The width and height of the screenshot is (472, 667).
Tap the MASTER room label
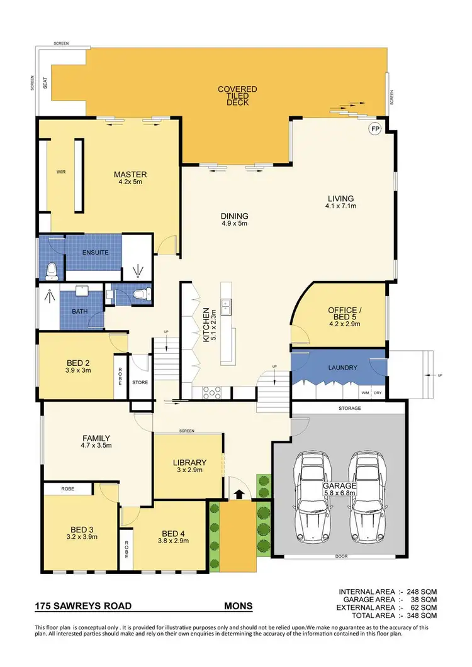pos(130,174)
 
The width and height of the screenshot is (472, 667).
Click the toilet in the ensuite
pos(52,270)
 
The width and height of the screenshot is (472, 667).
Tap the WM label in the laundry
pos(365,393)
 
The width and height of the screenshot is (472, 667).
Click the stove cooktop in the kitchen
pos(211,393)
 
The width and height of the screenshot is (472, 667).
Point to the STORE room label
pos(140,382)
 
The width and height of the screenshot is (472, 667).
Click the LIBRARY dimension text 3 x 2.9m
pos(189,472)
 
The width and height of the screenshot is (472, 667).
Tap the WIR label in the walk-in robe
pos(62,170)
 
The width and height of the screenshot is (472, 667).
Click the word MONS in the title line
pos(239,607)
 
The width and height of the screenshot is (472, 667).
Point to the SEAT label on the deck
pos(45,83)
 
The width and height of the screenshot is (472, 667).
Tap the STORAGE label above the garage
pos(350,409)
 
